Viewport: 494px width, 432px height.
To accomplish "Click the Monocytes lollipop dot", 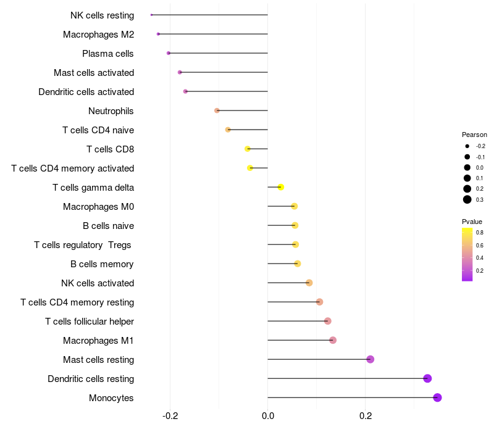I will coord(437,397).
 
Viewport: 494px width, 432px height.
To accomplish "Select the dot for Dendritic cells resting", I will coord(427,378).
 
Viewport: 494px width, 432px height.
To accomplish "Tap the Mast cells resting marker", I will coord(371,359).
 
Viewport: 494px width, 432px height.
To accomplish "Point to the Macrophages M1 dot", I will coord(333,340).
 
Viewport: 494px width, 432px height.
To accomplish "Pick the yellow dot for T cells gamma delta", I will coord(280,187).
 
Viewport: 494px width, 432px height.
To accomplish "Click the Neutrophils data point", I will coord(217,110).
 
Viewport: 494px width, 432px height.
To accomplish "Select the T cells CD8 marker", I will coord(248,149).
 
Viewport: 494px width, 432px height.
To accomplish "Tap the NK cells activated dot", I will coord(309,283).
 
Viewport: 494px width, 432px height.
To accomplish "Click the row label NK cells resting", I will coord(102,15).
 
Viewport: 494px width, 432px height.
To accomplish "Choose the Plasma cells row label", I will coord(108,54).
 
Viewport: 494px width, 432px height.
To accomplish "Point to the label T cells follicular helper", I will coord(90,322).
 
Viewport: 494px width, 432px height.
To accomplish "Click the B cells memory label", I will coord(102,264).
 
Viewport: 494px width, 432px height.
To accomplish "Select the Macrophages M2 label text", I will coord(98,35).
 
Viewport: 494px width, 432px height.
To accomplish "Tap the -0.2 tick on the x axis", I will coord(170,417).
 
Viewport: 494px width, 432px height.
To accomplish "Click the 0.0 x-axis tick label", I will coord(267,417).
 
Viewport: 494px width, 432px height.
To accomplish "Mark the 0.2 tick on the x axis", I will coord(365,417).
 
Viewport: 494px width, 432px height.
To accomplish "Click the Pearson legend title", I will coord(474,135).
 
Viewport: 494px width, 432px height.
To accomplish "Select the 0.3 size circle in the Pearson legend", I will coord(467,199).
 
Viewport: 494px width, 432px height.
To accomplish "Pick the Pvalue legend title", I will coord(472,222).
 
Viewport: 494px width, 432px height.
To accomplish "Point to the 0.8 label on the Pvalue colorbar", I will coord(480,233).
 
